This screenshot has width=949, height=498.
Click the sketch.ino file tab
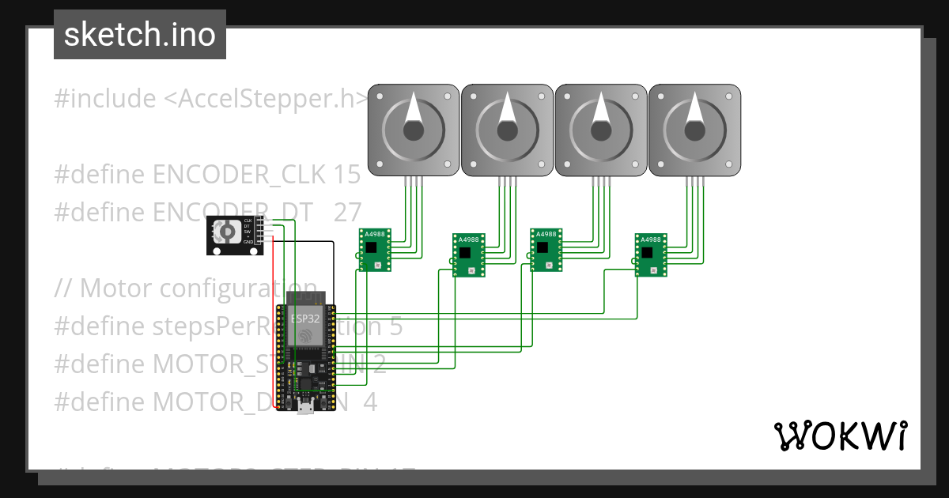pyautogui.click(x=139, y=35)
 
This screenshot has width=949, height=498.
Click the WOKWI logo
pyautogui.click(x=840, y=436)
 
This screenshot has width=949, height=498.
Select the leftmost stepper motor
pyautogui.click(x=414, y=130)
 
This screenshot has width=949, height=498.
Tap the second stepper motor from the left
pyautogui.click(x=507, y=130)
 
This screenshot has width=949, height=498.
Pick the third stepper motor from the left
pyautogui.click(x=600, y=130)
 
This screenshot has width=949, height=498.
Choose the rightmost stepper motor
pyautogui.click(x=694, y=130)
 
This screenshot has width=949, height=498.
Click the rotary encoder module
pyautogui.click(x=235, y=236)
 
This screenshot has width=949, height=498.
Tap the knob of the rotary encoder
pyautogui.click(x=227, y=232)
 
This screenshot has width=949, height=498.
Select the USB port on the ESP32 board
pyautogui.click(x=305, y=409)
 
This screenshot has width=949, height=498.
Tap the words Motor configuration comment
pyautogui.click(x=198, y=288)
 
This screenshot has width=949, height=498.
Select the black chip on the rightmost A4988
pyautogui.click(x=647, y=253)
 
